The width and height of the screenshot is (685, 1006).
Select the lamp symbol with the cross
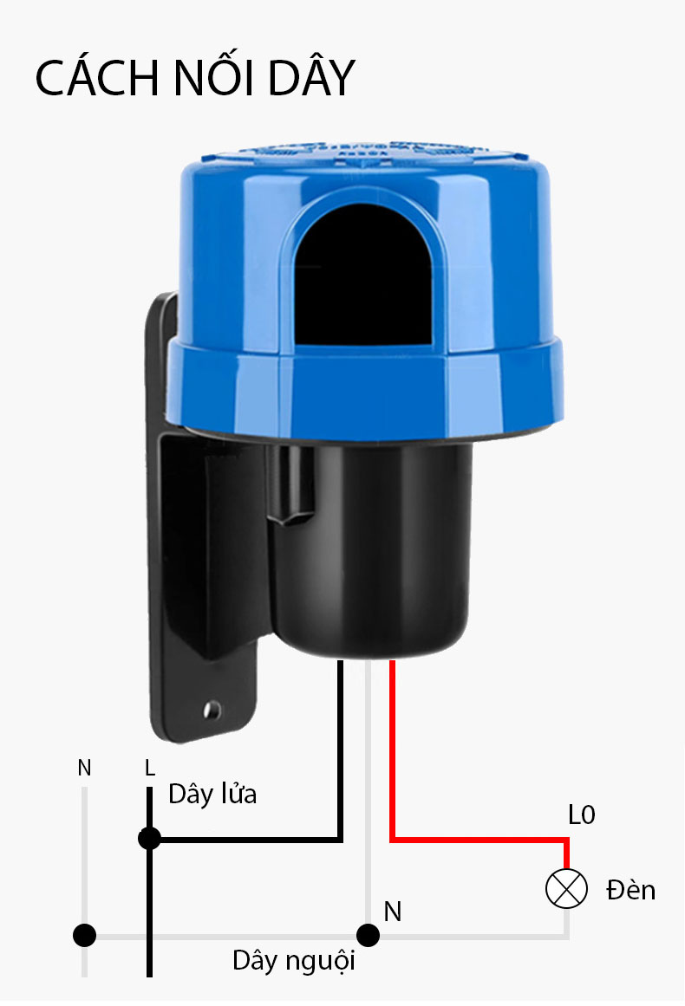click(x=566, y=889)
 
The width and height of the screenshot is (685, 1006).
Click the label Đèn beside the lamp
click(x=631, y=890)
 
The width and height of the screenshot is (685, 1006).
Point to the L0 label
click(x=582, y=815)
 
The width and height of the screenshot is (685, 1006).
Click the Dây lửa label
click(x=212, y=794)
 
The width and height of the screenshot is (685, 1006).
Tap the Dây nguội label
click(x=293, y=961)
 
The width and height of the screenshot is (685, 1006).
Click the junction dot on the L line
click(x=150, y=838)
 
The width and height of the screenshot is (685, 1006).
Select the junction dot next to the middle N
click(x=368, y=936)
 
